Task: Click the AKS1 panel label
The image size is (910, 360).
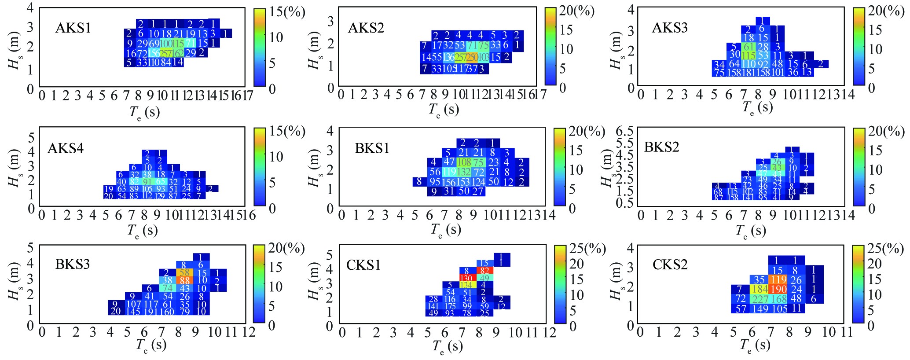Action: tap(73, 28)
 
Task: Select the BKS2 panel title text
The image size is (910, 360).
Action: tap(661, 147)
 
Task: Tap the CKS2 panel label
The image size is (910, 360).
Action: tap(670, 264)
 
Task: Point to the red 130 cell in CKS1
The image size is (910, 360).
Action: tap(466, 278)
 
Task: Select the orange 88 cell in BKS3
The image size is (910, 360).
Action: tap(184, 280)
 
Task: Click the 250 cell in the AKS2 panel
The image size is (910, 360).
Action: tap(472, 57)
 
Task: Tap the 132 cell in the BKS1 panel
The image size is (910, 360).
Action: tap(464, 172)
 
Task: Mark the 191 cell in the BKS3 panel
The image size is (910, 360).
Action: tap(151, 312)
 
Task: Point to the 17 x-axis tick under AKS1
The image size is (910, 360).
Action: tap(248, 96)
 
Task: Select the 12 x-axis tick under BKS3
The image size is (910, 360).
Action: tap(249, 332)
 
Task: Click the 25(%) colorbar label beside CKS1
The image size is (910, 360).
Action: tap(587, 249)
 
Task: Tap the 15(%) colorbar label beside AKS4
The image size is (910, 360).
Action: tap(287, 131)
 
